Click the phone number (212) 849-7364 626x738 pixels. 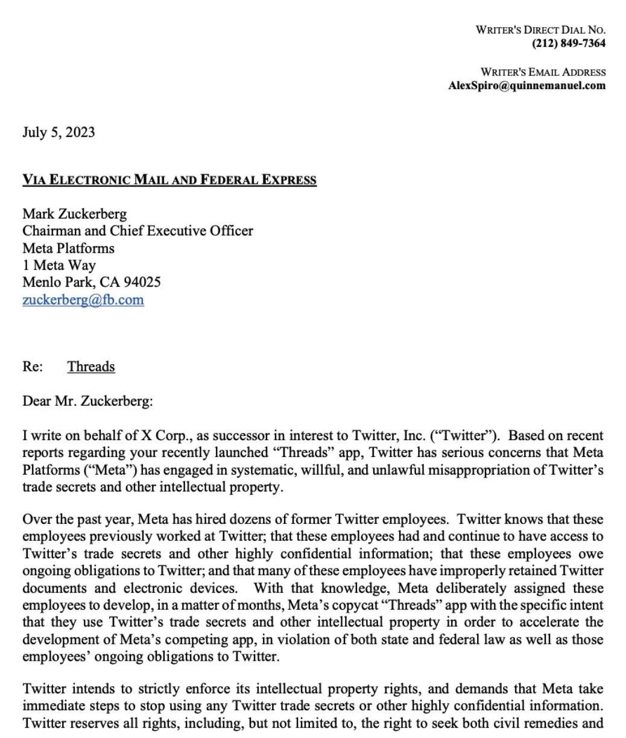(569, 43)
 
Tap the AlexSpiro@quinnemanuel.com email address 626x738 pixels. (526, 85)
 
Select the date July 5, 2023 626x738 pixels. (58, 133)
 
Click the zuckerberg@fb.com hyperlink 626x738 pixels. (83, 300)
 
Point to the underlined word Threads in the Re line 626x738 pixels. (91, 367)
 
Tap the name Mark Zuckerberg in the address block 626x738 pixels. (75, 213)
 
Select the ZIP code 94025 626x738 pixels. (142, 282)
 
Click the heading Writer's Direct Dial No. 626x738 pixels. (540, 30)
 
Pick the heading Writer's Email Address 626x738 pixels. (543, 72)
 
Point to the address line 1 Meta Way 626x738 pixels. (59, 265)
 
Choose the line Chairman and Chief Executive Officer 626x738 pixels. (138, 230)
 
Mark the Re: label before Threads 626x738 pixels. (33, 367)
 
